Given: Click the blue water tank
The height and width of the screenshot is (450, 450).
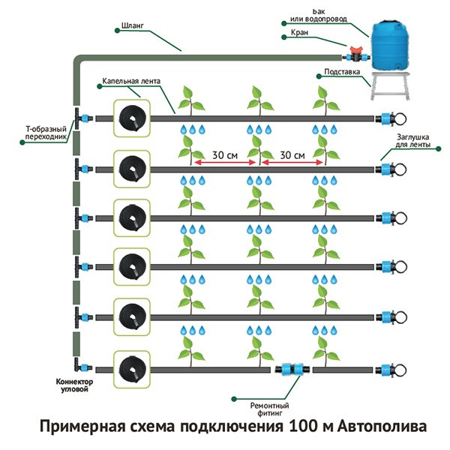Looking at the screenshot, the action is (x=389, y=45).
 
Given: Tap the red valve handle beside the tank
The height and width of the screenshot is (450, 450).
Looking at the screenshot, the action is (x=356, y=49).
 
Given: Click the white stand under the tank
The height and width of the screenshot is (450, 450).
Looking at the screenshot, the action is (x=390, y=85).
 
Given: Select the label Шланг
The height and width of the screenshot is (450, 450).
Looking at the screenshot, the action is (x=132, y=25).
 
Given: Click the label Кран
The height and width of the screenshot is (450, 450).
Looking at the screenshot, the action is (x=299, y=32).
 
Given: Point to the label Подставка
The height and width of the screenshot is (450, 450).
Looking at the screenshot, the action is (x=342, y=71).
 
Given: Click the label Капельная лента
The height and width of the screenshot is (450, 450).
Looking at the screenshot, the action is (x=131, y=81).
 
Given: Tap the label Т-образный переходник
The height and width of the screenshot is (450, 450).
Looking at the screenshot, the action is (x=46, y=133).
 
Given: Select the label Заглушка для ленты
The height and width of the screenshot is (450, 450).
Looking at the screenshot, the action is (x=413, y=141).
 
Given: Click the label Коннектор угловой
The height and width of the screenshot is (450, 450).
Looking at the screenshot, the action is (x=74, y=385).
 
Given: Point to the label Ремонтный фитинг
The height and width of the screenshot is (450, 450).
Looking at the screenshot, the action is (x=269, y=409).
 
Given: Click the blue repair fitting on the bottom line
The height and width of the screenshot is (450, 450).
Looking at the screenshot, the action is (x=292, y=369).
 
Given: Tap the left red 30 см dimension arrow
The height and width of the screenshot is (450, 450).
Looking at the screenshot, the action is (x=225, y=163).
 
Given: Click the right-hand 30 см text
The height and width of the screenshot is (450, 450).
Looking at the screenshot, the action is (x=292, y=155).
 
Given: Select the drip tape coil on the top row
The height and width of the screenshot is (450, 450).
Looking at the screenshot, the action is (x=132, y=118).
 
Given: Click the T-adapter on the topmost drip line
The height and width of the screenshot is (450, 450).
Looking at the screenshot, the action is (x=82, y=118).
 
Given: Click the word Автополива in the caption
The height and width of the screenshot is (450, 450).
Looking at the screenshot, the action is (x=382, y=426).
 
